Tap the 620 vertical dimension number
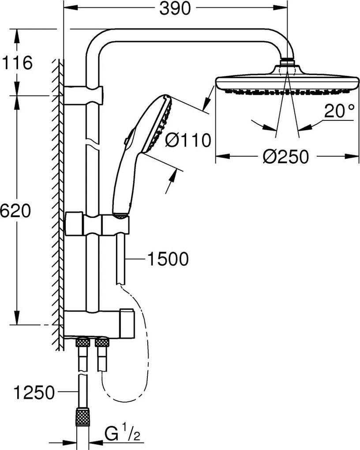[x=15, y=211]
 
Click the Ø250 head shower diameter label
[x=284, y=156]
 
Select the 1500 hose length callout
[x=168, y=259]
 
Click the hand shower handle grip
[x=124, y=185]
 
